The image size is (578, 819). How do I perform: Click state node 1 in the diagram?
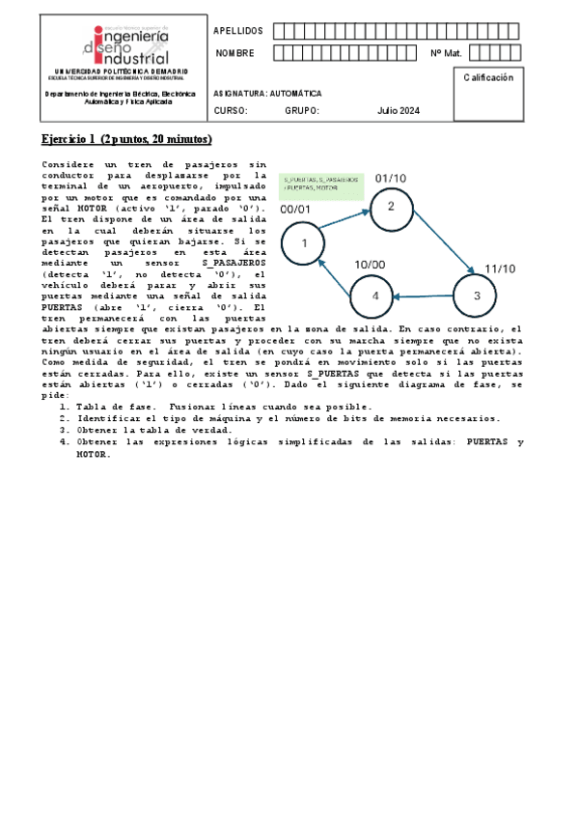point(304,243)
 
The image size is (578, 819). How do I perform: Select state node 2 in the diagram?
point(391,207)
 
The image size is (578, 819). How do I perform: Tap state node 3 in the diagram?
point(477,296)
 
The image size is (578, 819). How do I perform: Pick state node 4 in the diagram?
point(375,297)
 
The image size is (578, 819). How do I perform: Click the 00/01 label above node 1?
point(295,209)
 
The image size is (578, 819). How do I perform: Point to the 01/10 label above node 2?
point(391,178)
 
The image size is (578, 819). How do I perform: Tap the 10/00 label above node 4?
point(370,264)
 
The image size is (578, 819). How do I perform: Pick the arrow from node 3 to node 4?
point(426,297)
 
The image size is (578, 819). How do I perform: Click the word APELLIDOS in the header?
point(237,32)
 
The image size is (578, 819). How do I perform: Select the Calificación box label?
point(488,77)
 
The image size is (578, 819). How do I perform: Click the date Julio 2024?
point(399,111)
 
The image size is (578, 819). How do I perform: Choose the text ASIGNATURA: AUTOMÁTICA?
point(268,94)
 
